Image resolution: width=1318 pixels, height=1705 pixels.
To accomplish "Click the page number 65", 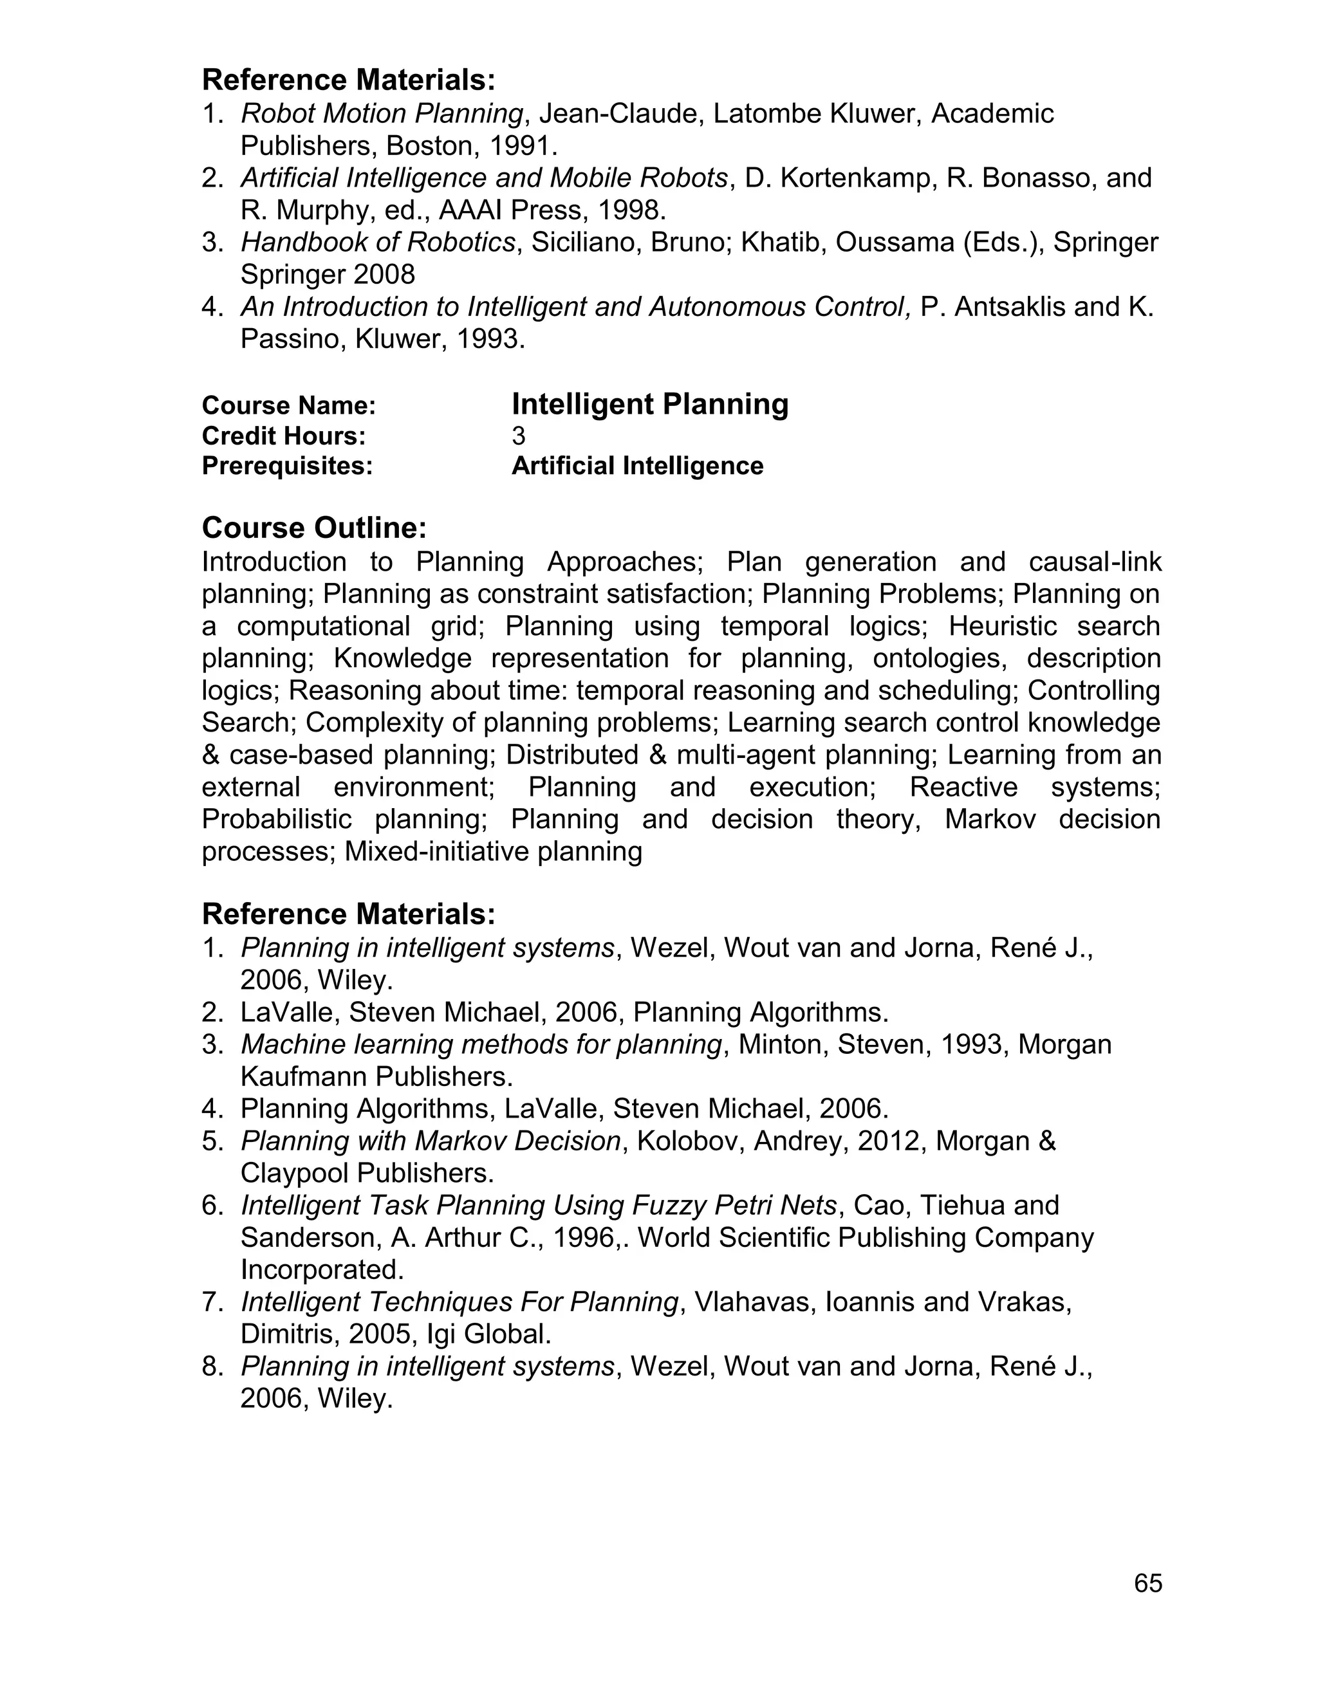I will [x=1148, y=1583].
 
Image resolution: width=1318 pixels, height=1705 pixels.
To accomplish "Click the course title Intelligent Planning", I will [x=649, y=405].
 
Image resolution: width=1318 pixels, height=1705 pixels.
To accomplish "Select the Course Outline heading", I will [x=314, y=528].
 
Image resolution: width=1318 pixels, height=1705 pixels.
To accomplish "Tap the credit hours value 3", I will [x=519, y=436].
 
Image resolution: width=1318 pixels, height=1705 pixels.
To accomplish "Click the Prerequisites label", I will [x=286, y=466].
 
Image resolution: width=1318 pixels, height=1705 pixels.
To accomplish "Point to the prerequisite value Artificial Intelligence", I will [x=637, y=466].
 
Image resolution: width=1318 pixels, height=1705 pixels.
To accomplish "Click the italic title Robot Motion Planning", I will [x=381, y=114].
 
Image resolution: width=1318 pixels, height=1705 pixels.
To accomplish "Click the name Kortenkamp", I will [x=853, y=178].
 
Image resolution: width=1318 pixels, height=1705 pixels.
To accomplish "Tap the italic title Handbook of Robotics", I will [x=378, y=243].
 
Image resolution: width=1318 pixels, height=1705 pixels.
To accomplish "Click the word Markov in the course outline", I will [x=989, y=819].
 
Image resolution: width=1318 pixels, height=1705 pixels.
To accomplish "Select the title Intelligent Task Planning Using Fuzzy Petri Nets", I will [x=539, y=1205].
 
